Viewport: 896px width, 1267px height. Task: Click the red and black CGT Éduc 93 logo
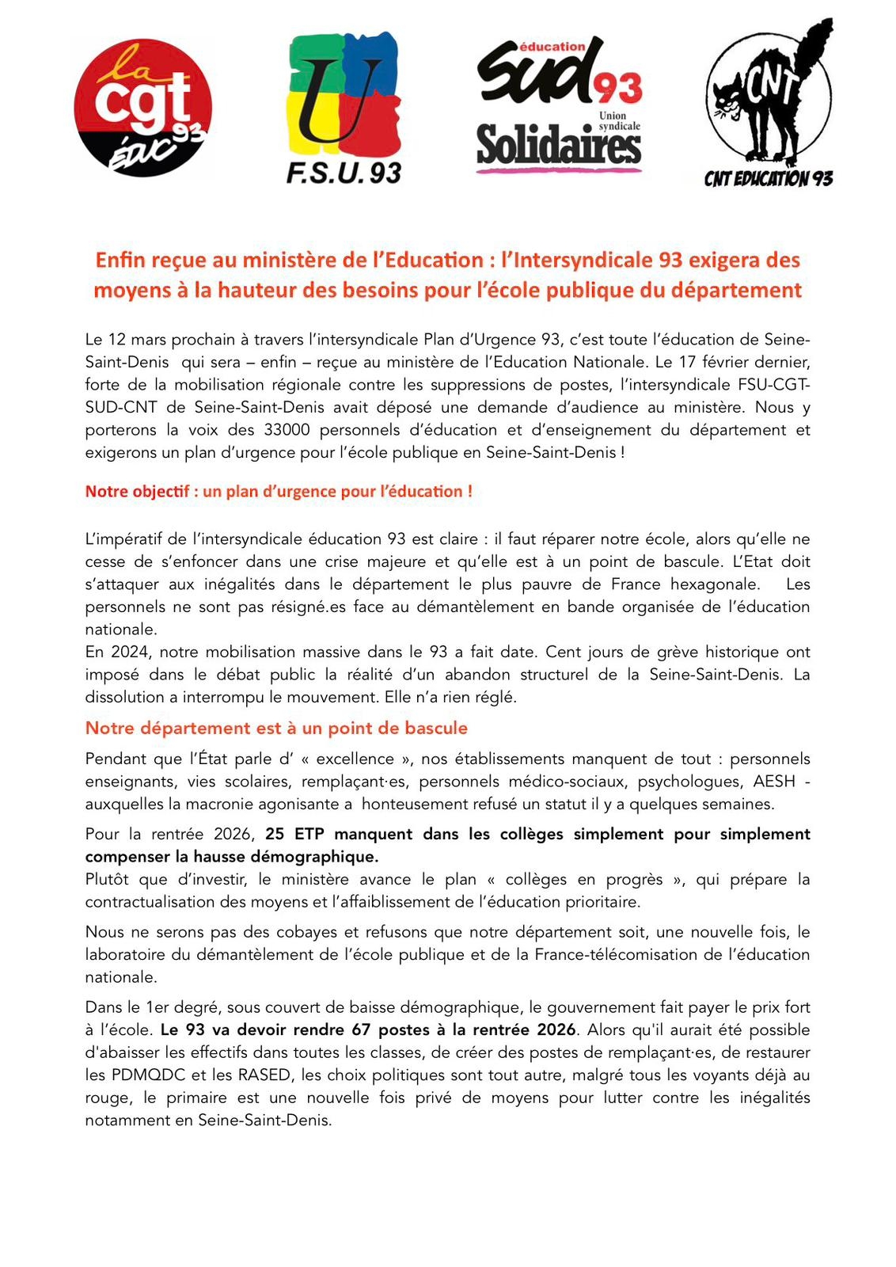coord(142,108)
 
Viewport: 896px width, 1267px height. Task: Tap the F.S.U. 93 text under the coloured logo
coord(344,173)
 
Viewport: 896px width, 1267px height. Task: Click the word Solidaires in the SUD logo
coord(559,147)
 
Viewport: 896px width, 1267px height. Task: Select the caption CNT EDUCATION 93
coord(768,179)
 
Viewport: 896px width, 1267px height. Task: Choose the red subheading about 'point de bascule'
coord(276,728)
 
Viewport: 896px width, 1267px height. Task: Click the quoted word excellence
coord(355,759)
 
